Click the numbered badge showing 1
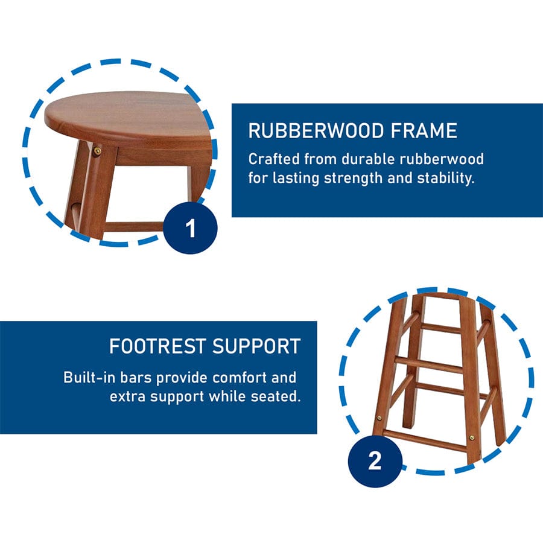pyautogui.click(x=190, y=228)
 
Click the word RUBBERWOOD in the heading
pyautogui.click(x=316, y=131)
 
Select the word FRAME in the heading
pyautogui.click(x=424, y=131)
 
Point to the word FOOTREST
pyautogui.click(x=157, y=346)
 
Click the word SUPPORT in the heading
pyautogui.click(x=256, y=346)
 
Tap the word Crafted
pyautogui.click(x=274, y=159)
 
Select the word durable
pyautogui.click(x=368, y=159)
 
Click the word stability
pyautogui.click(x=445, y=178)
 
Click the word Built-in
pyautogui.click(x=89, y=377)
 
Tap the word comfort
pyautogui.click(x=240, y=377)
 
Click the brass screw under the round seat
pyautogui.click(x=98, y=151)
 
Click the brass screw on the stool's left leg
pyautogui.click(x=379, y=418)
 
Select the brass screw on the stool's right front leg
pyautogui.click(x=472, y=438)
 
